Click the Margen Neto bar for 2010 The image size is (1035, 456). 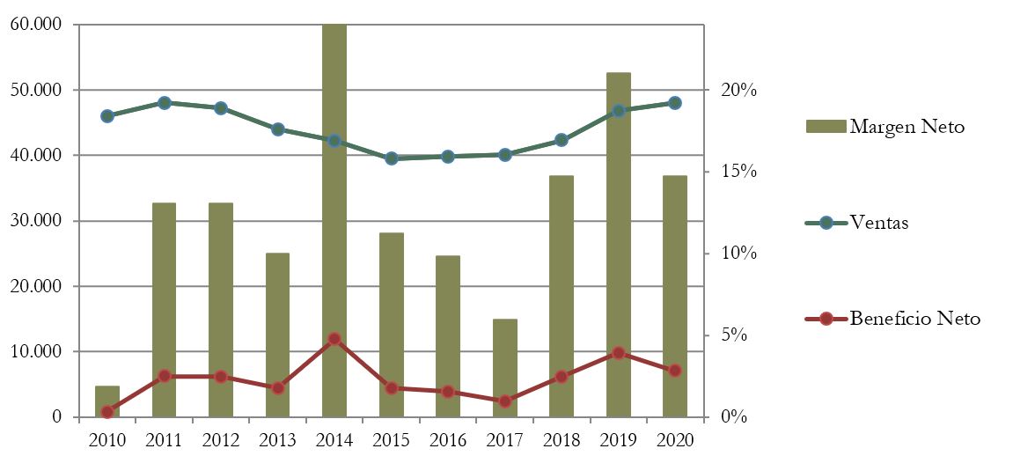tap(107, 402)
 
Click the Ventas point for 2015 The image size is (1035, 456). tap(392, 158)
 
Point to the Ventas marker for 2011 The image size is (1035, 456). tap(165, 103)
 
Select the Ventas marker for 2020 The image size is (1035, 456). tap(675, 103)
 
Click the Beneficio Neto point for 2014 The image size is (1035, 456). tap(334, 339)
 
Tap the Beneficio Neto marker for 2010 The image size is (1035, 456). tap(107, 412)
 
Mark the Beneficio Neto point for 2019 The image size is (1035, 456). tap(618, 353)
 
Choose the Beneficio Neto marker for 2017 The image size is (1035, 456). tap(504, 401)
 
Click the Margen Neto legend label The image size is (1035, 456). tap(907, 127)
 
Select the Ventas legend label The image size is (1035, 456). tap(878, 223)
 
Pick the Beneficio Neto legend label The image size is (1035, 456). tap(914, 319)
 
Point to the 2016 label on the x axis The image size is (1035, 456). tap(448, 439)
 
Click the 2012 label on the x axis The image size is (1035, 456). tap(221, 439)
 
